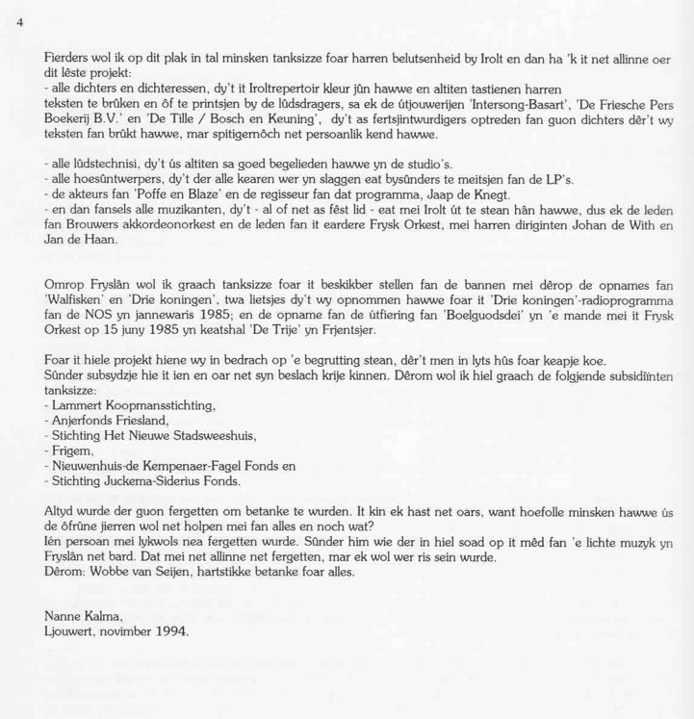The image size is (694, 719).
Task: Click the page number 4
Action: point(20,21)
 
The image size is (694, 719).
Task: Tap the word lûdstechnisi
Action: point(104,164)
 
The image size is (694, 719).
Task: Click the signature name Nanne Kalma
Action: point(83,616)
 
